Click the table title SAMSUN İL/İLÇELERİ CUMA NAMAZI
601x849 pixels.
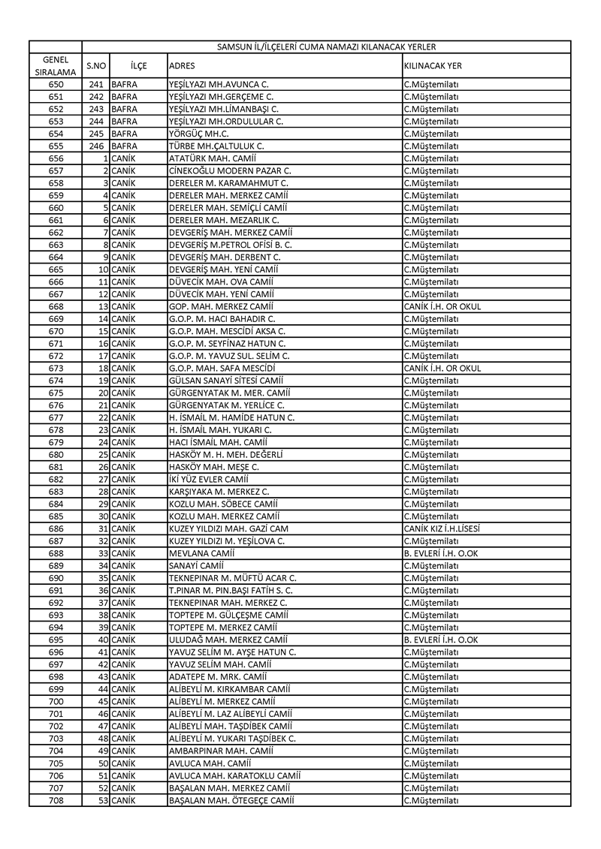326,47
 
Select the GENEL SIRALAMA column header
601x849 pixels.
56,65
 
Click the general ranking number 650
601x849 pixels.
56,84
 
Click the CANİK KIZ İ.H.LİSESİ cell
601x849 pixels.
442,528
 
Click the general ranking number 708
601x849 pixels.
56,800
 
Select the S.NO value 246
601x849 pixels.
96,146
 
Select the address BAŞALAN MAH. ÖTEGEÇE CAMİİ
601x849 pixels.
231,800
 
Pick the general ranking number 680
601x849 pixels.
56,455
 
